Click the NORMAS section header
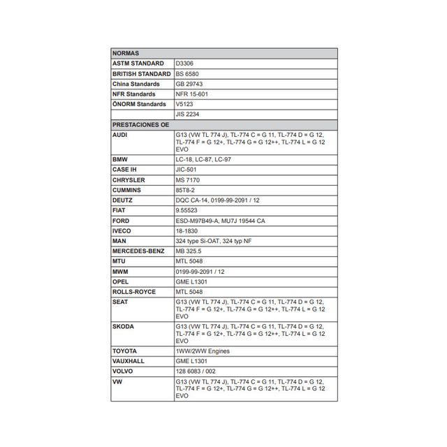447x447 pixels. pyautogui.click(x=125, y=53)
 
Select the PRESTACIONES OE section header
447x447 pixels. pyautogui.click(x=141, y=124)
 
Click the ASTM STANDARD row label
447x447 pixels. pyautogui.click(x=138, y=64)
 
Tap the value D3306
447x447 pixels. pyautogui.click(x=185, y=64)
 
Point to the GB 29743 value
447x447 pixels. pyautogui.click(x=190, y=84)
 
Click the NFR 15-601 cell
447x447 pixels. pyautogui.click(x=192, y=94)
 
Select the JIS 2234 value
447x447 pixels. pyautogui.click(x=188, y=114)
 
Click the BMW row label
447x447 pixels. pyautogui.click(x=120, y=160)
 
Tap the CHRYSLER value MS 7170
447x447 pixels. pyautogui.click(x=188, y=180)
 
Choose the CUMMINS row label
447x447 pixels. pyautogui.click(x=126, y=190)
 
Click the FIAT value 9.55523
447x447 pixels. pyautogui.click(x=186, y=210)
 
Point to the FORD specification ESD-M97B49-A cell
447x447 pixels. pyautogui.click(x=220, y=221)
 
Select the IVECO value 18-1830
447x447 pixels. pyautogui.click(x=186, y=230)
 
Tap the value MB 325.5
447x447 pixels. pyautogui.click(x=189, y=251)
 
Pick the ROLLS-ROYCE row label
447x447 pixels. pyautogui.click(x=134, y=291)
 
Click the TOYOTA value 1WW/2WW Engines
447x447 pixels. pyautogui.click(x=203, y=351)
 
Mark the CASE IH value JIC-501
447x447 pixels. pyautogui.click(x=186, y=170)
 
